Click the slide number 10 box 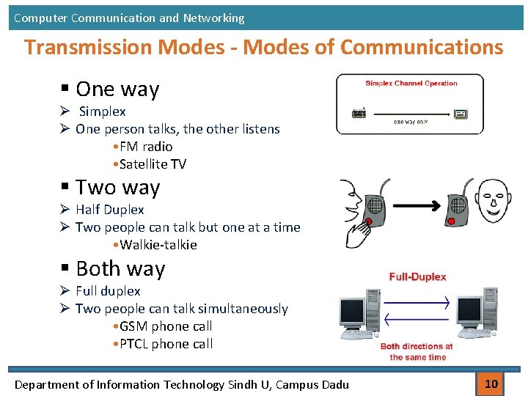(x=491, y=383)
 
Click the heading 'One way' (x=117, y=89)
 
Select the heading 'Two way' (x=117, y=188)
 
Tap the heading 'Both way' (x=120, y=269)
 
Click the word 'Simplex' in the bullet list (x=102, y=111)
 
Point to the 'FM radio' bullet (x=145, y=147)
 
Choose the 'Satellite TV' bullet (x=152, y=164)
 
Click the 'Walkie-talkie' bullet (x=158, y=245)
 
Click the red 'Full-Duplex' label (x=417, y=277)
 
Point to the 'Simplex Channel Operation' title (x=411, y=84)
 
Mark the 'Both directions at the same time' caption (x=417, y=351)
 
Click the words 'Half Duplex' (x=110, y=210)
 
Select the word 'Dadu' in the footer (x=334, y=384)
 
